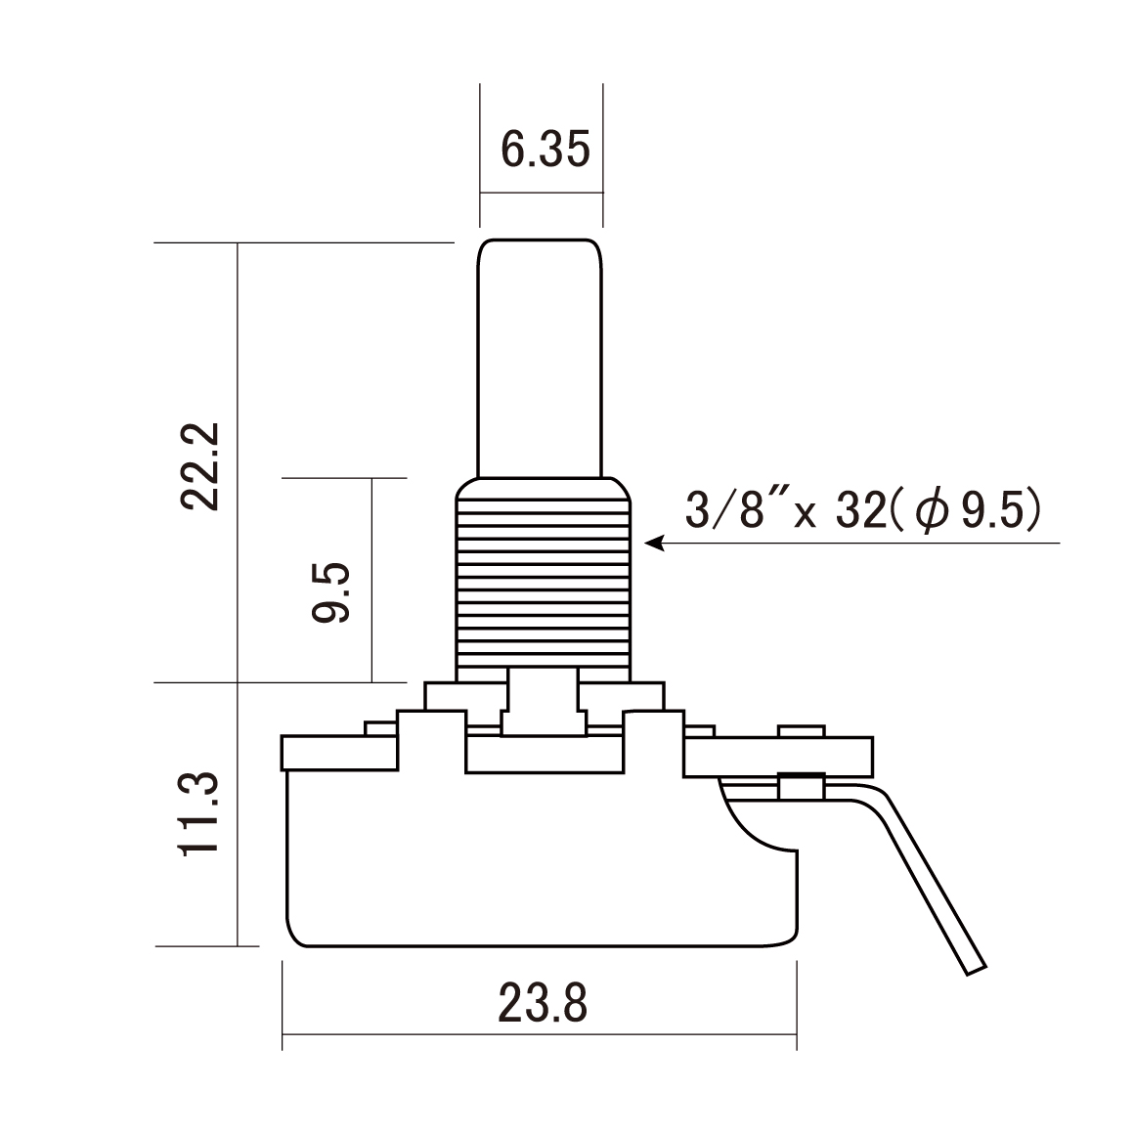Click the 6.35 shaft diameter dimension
(x=545, y=150)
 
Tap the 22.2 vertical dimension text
(x=199, y=467)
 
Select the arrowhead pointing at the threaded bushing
(x=654, y=544)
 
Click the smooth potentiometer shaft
(x=540, y=359)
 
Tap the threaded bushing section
(x=544, y=580)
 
